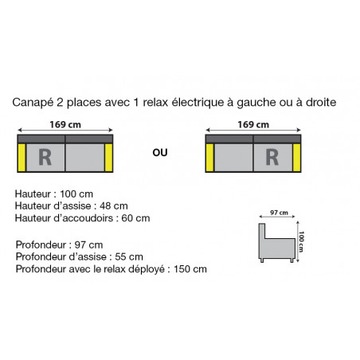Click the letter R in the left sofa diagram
coord(45,157)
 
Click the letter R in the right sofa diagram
coord(272,157)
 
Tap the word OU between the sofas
coord(160,153)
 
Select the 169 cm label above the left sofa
coord(65,124)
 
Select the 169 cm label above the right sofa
coord(253,124)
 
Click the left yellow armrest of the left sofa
coord(22,158)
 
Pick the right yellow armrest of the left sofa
coord(108,158)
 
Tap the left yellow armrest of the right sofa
coord(209,158)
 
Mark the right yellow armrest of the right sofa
coord(296,158)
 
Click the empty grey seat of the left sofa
coord(84,158)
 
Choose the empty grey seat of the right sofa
coord(233,158)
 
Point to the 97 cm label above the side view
coord(279,213)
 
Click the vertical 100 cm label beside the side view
coord(301,241)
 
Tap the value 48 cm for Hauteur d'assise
coord(114,205)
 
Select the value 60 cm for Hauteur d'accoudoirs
coord(135,218)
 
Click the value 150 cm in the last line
coord(190,269)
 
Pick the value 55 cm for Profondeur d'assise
coord(129,256)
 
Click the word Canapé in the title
coord(33,103)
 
